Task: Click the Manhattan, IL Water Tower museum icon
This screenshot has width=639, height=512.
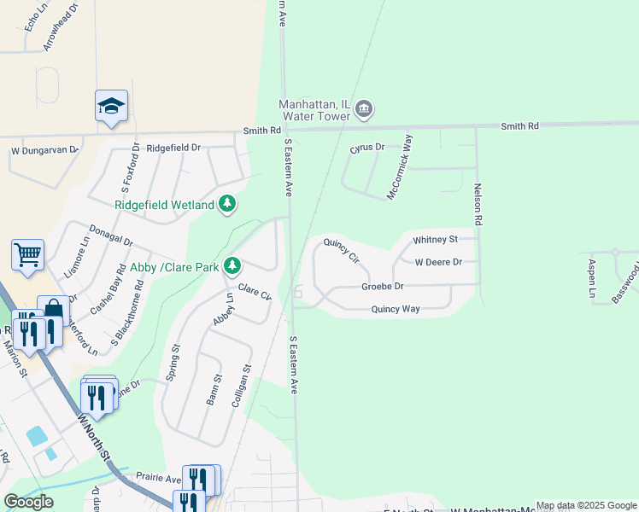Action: tap(364, 109)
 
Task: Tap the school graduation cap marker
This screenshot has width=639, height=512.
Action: tap(111, 106)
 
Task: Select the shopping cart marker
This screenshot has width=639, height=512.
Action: tap(27, 253)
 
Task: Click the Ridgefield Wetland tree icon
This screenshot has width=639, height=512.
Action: tap(227, 203)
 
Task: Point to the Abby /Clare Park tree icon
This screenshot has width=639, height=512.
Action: tap(232, 265)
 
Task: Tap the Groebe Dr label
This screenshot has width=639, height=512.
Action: tap(382, 287)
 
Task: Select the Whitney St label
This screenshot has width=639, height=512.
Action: tap(436, 240)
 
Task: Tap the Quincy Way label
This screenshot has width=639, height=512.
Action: tap(396, 309)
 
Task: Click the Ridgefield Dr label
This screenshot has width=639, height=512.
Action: tap(173, 148)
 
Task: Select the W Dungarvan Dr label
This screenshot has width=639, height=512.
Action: tap(44, 151)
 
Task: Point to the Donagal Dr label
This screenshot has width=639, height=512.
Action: tap(111, 236)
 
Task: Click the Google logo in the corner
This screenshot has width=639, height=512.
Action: tap(28, 502)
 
